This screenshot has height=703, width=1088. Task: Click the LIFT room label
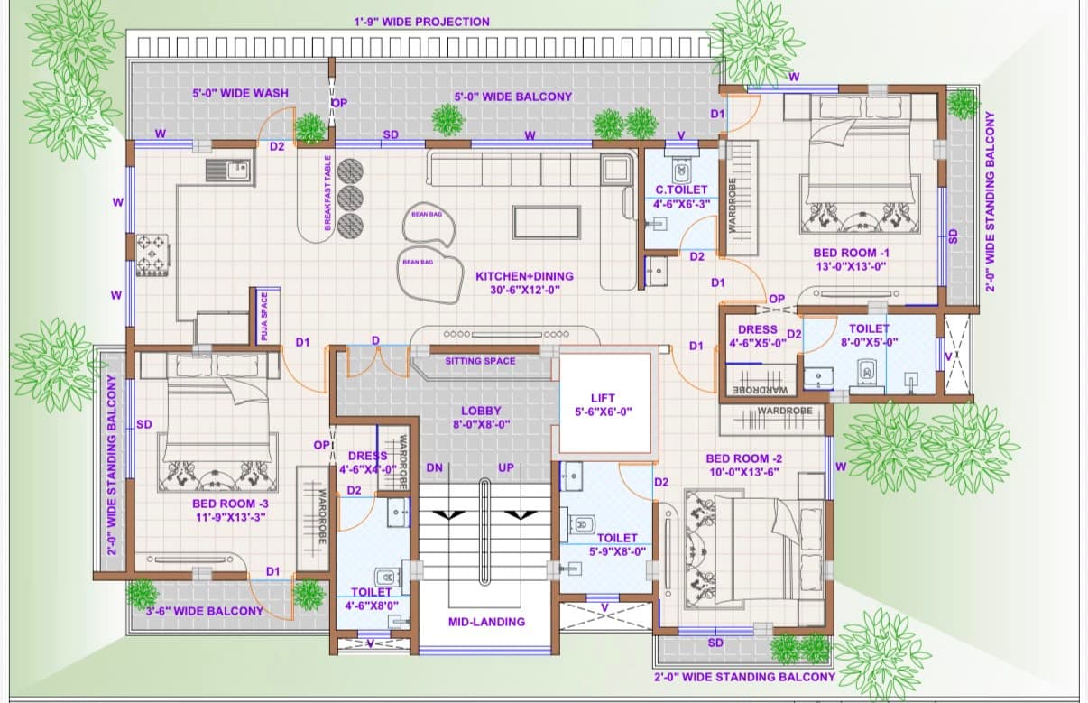603,398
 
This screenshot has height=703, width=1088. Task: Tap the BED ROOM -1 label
851,253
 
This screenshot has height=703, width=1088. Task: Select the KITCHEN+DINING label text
524,276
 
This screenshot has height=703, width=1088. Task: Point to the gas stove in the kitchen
153,255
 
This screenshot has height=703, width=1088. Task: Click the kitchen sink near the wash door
228,171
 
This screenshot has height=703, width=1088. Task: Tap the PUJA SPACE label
264,316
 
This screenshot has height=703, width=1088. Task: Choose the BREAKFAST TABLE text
327,193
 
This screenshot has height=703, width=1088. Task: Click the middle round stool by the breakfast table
350,199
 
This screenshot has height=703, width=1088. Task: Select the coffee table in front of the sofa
547,223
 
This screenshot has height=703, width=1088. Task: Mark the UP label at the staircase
505,467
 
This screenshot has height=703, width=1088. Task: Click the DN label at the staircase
434,467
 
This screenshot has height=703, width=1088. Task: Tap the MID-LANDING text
486,622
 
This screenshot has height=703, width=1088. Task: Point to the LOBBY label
481,411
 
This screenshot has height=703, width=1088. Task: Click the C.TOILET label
681,190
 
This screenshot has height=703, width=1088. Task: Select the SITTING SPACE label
480,361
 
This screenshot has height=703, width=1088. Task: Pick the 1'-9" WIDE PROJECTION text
421,22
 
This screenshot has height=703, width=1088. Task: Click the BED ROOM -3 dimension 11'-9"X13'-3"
231,517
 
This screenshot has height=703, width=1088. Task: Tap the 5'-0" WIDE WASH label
241,93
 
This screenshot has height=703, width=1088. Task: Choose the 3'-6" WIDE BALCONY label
205,611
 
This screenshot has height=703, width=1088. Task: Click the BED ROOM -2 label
744,458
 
